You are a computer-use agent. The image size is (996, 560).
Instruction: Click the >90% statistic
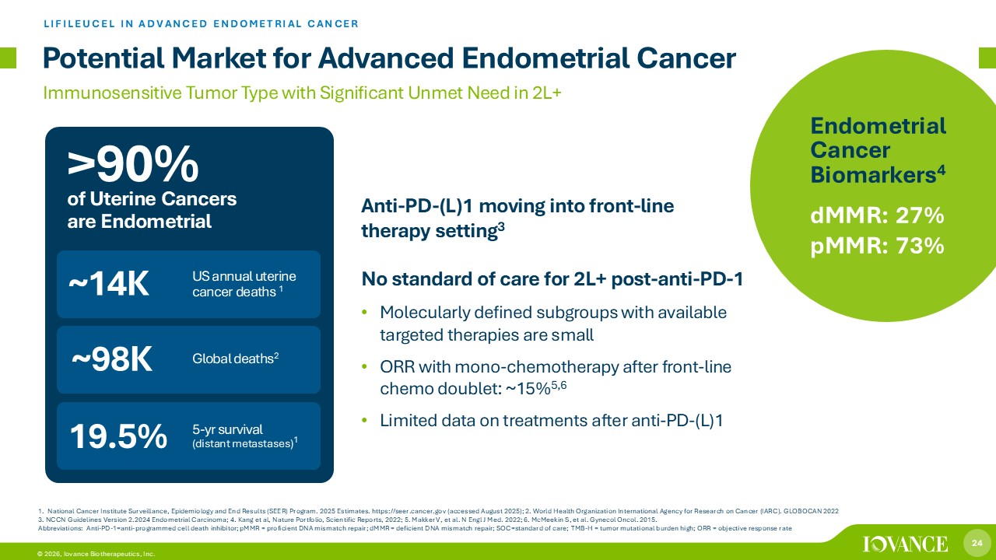[133, 165]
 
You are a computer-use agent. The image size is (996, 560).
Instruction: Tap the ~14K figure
[109, 284]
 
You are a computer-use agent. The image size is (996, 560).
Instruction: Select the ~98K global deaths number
[112, 359]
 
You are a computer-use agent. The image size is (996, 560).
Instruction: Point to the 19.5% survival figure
[118, 436]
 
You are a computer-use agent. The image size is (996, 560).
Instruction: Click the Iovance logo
[905, 544]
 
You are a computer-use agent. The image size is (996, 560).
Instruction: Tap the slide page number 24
[977, 543]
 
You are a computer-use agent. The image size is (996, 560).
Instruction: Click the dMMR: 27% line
[877, 216]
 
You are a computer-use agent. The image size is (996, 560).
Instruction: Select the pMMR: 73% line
[877, 246]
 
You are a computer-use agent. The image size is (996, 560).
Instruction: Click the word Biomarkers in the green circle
[874, 175]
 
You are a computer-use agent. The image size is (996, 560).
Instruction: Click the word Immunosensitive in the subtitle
[113, 93]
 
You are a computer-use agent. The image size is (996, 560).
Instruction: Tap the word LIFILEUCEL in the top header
[79, 23]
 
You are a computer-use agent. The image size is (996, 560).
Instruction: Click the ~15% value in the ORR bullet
[528, 389]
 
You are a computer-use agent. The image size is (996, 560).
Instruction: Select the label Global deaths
[233, 359]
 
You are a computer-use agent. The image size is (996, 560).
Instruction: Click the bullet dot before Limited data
[365, 420]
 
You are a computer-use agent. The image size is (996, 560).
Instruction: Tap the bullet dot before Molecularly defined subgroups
[365, 312]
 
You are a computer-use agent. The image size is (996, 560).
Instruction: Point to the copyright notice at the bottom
[96, 554]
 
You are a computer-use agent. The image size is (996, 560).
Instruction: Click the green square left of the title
[8, 58]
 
